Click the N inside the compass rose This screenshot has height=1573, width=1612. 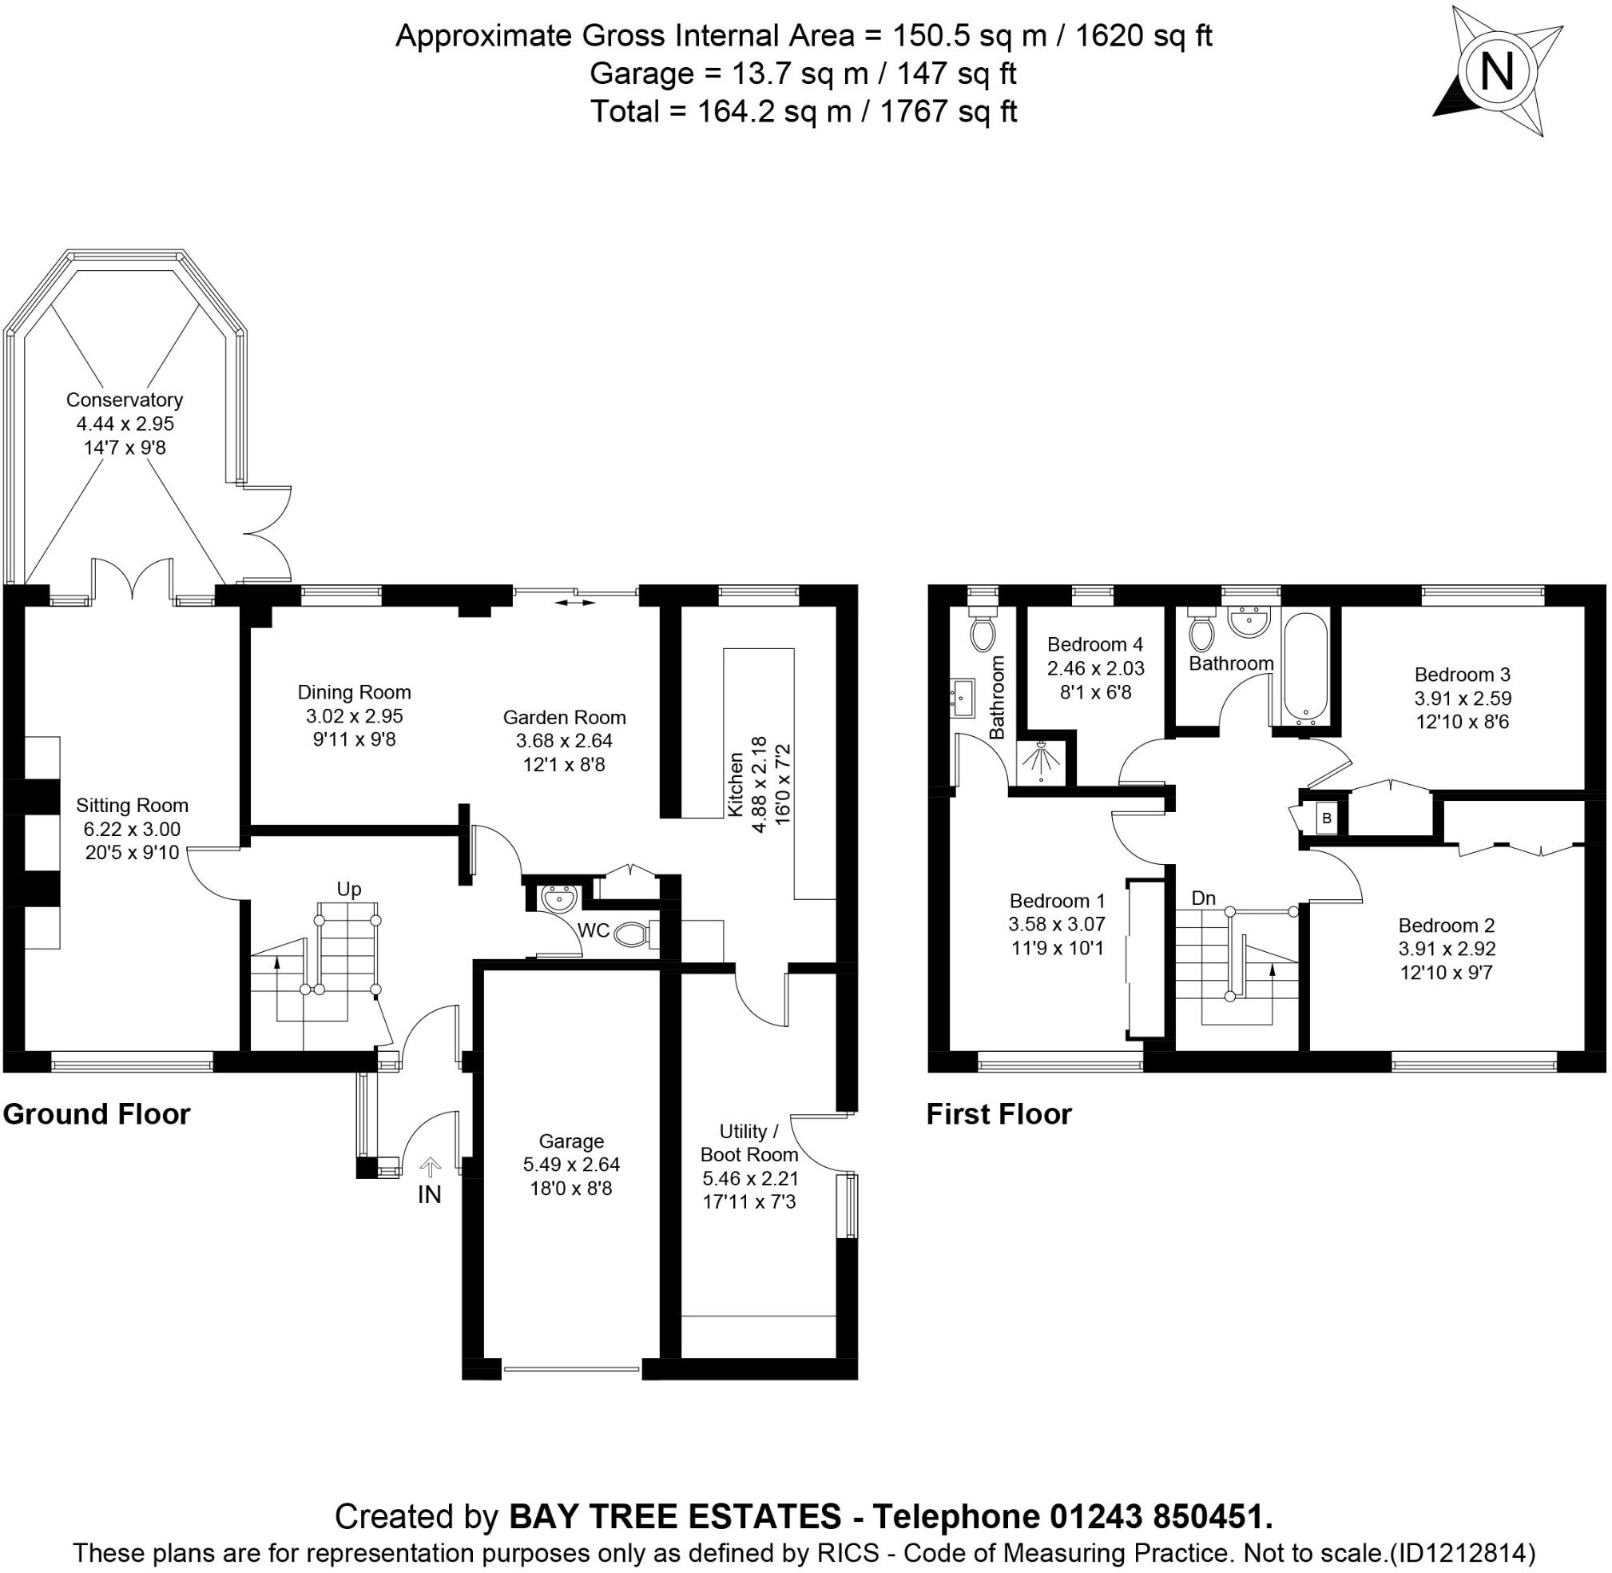pos(1496,72)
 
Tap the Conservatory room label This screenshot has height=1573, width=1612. pos(124,400)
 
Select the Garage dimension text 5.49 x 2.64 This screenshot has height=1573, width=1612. pos(570,1164)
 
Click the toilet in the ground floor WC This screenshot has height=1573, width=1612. pos(635,934)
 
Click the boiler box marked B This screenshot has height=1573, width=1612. pos(1327,818)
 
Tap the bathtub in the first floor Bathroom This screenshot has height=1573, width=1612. pos(1305,666)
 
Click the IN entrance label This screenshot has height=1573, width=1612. pos(430,1195)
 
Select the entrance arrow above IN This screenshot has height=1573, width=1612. pos(431,1166)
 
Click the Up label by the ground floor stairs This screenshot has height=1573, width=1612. pos(348,889)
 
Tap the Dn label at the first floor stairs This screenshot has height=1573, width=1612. pos(1203,898)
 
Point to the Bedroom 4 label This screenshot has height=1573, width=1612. pos(1094,643)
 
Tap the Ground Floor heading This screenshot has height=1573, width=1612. pos(97,1113)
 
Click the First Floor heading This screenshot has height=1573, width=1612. pos(999,1113)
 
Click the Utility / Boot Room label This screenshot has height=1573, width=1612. pos(749,1142)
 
